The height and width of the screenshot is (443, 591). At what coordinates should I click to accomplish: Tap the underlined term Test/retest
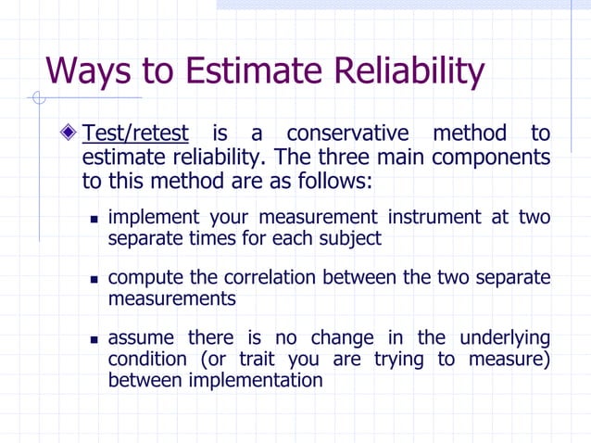[x=135, y=133]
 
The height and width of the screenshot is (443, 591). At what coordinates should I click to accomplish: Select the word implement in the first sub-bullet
[x=153, y=218]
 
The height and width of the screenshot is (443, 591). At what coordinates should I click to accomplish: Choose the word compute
[x=143, y=278]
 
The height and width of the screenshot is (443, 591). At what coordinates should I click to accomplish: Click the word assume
[x=141, y=337]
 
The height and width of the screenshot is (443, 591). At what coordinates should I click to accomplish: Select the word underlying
[x=501, y=337]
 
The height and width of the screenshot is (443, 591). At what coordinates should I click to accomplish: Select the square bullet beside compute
[x=94, y=279]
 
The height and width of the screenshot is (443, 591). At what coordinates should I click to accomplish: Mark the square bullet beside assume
[x=94, y=338]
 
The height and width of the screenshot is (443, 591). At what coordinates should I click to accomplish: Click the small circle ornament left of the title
[x=38, y=96]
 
